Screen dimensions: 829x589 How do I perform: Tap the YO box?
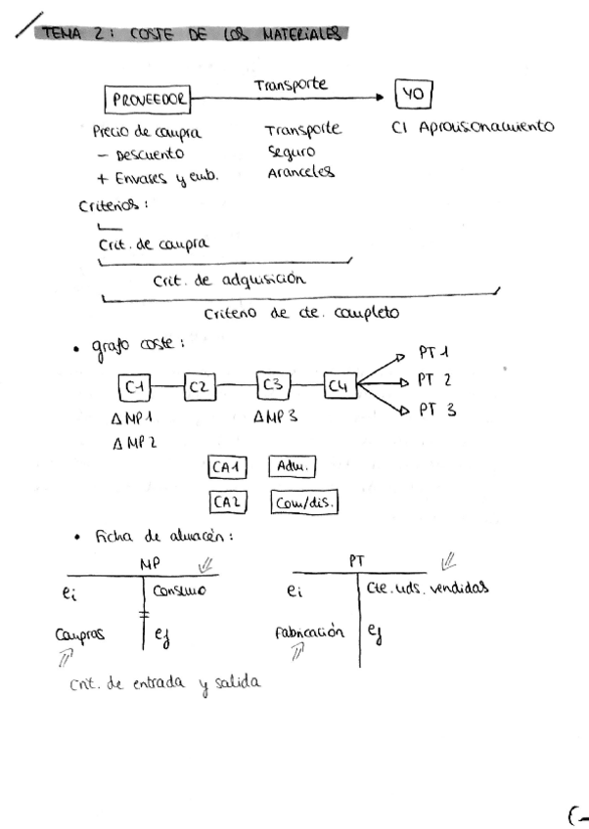pyautogui.click(x=412, y=95)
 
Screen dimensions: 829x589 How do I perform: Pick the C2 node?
pyautogui.click(x=199, y=388)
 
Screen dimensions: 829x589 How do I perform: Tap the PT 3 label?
pyautogui.click(x=436, y=411)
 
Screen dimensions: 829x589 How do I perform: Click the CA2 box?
pyautogui.click(x=228, y=503)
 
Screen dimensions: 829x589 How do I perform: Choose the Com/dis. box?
pyautogui.click(x=304, y=502)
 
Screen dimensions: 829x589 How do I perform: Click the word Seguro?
pyautogui.click(x=290, y=153)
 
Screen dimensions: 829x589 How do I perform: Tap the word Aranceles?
pyautogui.click(x=299, y=172)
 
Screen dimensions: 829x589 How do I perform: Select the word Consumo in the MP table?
pyautogui.click(x=180, y=589)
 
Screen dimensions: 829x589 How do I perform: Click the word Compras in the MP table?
pyautogui.click(x=80, y=633)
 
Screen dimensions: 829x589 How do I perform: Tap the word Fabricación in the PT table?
pyautogui.click(x=309, y=632)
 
